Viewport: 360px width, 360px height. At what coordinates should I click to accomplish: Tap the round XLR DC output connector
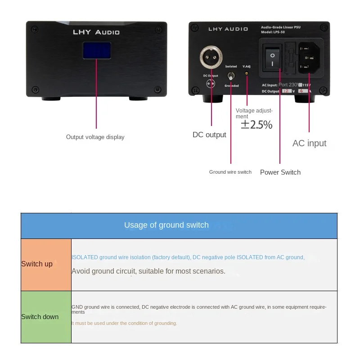pyautogui.click(x=210, y=58)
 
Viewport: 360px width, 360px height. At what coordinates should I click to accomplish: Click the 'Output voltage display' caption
pyautogui.click(x=95, y=137)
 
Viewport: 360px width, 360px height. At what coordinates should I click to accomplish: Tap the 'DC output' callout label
pyautogui.click(x=209, y=135)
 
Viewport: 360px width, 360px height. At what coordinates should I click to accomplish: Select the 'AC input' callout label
pyautogui.click(x=309, y=144)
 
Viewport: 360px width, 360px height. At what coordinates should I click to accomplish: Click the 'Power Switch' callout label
pyautogui.click(x=280, y=172)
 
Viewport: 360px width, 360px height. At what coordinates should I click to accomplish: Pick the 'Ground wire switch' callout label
pyautogui.click(x=230, y=172)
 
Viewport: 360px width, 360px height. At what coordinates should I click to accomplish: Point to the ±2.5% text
pyautogui.click(x=256, y=125)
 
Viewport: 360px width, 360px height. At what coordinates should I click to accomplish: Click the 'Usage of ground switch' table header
pyautogui.click(x=166, y=225)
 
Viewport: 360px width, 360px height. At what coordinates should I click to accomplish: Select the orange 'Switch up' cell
pyautogui.click(x=46, y=264)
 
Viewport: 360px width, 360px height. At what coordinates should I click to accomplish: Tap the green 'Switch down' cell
pyautogui.click(x=46, y=317)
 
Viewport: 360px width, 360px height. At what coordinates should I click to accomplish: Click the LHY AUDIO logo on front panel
pyautogui.click(x=96, y=32)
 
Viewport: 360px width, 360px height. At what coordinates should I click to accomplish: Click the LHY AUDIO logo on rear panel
pyautogui.click(x=228, y=29)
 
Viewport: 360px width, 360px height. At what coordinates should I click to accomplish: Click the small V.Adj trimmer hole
pyautogui.click(x=247, y=73)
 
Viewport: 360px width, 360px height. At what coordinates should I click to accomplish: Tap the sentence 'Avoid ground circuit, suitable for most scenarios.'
pyautogui.click(x=148, y=271)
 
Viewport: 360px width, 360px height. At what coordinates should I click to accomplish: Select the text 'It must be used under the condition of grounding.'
pyautogui.click(x=124, y=323)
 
